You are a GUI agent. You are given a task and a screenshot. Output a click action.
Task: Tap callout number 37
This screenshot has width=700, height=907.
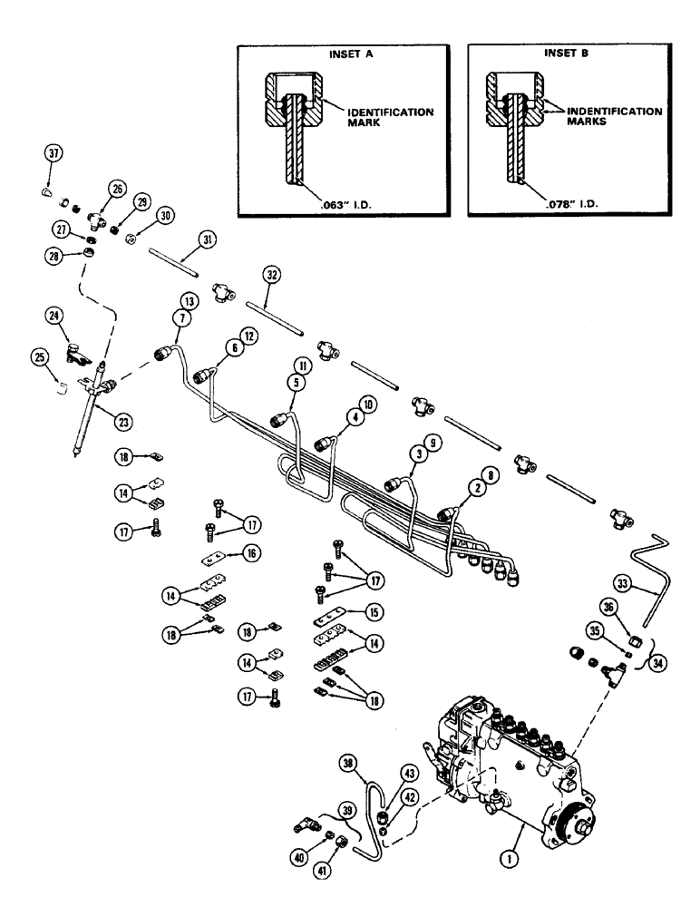(x=53, y=155)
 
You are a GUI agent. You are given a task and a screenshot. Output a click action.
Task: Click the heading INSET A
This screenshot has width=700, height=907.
(x=344, y=53)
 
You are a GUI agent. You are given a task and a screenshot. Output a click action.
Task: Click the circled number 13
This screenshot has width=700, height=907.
(x=189, y=301)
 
